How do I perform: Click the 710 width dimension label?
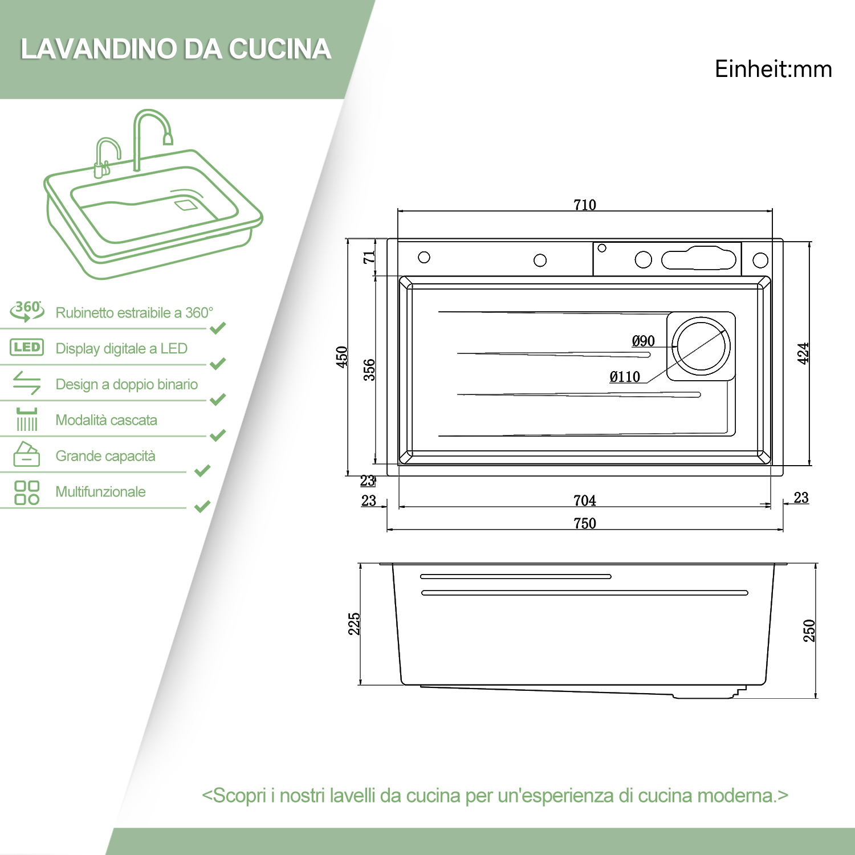(585, 205)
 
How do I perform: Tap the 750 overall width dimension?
(585, 523)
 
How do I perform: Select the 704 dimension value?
(585, 500)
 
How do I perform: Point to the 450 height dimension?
(342, 357)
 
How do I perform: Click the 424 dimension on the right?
(803, 353)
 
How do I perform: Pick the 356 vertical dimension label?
(369, 369)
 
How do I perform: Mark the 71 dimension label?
(369, 257)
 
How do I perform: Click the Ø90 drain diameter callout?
(643, 341)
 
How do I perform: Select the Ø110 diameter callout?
(625, 377)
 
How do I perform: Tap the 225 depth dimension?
(354, 624)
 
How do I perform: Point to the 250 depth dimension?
(809, 630)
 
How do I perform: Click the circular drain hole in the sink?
(701, 347)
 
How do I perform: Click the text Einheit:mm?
(773, 69)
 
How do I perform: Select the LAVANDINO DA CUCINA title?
(176, 49)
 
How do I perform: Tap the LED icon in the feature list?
(27, 347)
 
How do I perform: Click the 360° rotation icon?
(27, 311)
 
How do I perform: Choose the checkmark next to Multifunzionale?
(202, 506)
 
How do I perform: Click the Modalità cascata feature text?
(106, 420)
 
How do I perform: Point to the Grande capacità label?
(105, 456)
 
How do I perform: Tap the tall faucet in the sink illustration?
(149, 134)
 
